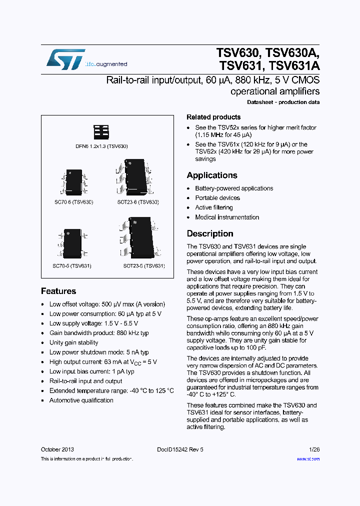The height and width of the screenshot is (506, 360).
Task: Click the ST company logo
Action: (x=65, y=60)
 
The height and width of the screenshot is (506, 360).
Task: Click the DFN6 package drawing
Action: (x=101, y=132)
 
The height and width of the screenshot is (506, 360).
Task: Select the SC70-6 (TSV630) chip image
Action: (x=74, y=182)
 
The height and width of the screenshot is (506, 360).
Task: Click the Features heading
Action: (x=58, y=291)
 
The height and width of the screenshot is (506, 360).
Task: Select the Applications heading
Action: (x=212, y=175)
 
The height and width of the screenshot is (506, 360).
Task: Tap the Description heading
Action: (x=210, y=233)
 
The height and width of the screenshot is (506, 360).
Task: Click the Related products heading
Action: (x=213, y=117)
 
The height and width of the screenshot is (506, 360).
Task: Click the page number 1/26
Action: (x=314, y=449)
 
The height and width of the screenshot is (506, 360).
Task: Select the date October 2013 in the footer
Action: (x=57, y=449)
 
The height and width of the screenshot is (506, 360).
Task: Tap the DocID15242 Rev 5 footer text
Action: (x=179, y=449)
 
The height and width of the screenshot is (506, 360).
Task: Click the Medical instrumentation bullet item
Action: (x=227, y=217)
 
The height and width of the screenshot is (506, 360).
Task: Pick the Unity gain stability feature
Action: (x=73, y=342)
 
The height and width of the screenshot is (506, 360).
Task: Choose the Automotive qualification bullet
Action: (x=81, y=400)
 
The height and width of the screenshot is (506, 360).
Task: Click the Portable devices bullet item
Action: (x=217, y=198)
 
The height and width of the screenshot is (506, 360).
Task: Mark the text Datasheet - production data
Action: (x=283, y=102)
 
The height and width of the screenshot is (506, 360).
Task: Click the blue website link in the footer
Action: (x=308, y=458)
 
